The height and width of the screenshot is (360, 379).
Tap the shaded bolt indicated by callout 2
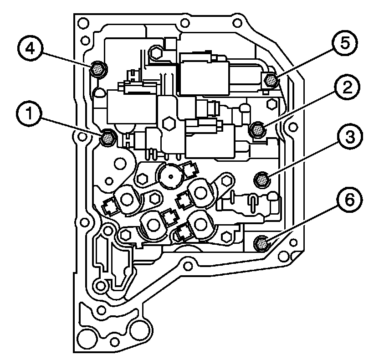click(257, 130)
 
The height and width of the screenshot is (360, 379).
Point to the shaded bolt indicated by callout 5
click(271, 81)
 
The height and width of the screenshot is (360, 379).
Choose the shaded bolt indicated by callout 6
click(261, 243)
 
